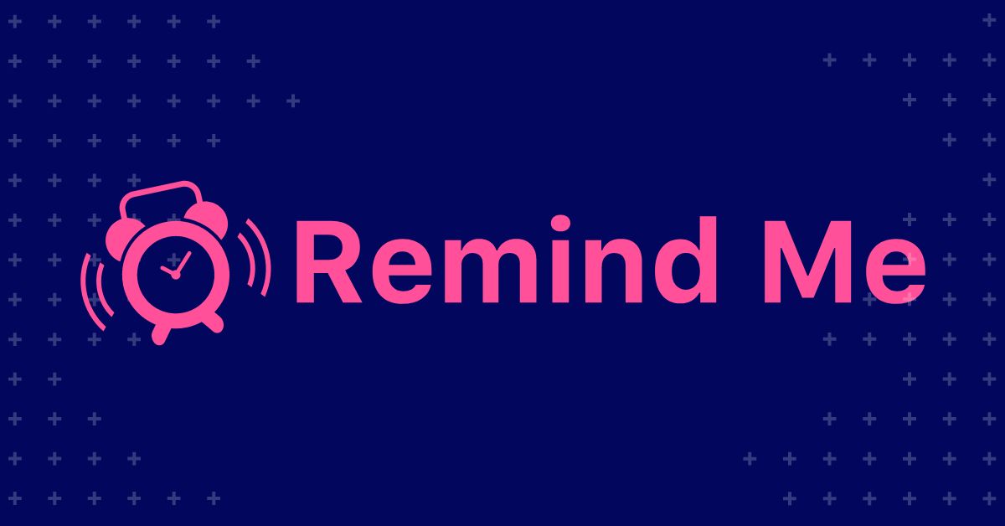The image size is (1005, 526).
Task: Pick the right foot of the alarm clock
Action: coord(214,322)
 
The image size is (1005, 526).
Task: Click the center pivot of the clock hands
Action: coord(175,274)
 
